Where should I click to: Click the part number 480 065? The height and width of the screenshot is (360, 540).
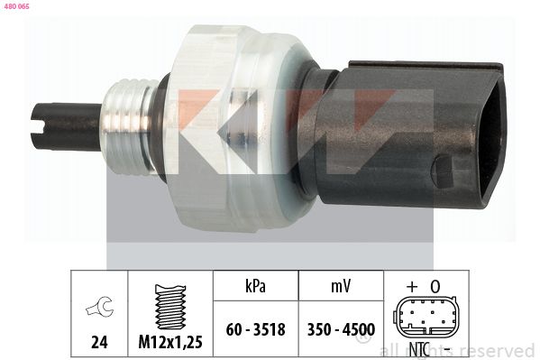[17, 6]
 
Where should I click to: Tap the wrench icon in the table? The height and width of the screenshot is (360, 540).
[99, 305]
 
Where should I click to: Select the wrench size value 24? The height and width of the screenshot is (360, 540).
[99, 342]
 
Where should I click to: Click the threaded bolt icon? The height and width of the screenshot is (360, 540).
[170, 307]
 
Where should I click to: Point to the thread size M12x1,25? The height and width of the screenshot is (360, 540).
[170, 342]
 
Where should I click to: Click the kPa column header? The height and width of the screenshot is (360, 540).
[255, 286]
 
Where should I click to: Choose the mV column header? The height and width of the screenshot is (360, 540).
[341, 286]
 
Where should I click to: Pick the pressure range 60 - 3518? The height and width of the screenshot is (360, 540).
[255, 329]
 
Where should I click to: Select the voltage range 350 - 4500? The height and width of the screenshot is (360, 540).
[341, 329]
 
